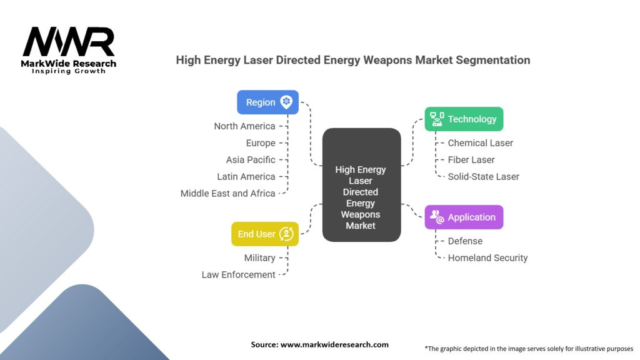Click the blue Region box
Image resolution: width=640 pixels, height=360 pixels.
267,102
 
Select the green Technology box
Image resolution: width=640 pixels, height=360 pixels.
464,119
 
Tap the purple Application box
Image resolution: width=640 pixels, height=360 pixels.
464,217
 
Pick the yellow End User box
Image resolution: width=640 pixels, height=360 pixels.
265,234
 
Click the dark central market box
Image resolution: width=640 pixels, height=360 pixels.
362,185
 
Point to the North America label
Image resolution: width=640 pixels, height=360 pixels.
244,126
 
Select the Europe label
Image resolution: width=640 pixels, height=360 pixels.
261,143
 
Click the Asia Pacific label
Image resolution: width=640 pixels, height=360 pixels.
251,159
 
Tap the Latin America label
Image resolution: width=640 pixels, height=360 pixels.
246,177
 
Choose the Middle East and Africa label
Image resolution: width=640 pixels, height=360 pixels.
227,194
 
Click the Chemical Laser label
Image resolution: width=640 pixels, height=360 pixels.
481,143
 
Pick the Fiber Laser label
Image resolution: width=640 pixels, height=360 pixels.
471,159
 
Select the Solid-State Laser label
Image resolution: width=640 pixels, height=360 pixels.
483,177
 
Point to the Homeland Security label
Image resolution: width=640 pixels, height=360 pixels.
487,258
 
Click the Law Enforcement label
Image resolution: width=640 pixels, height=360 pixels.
238,275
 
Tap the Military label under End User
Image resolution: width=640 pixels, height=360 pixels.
259,258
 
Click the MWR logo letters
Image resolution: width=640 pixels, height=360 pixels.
69,42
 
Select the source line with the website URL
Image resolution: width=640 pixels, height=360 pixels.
319,344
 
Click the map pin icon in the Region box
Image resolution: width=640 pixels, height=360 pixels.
286,102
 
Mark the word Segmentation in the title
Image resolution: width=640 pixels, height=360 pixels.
493,60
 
